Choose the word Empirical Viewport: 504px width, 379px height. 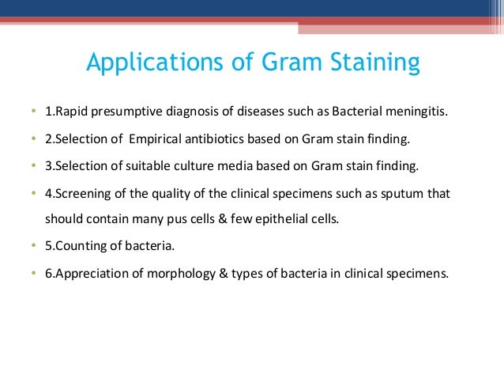point(156,139)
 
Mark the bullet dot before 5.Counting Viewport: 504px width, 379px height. point(33,247)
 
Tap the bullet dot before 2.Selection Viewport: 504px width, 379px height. point(33,140)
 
